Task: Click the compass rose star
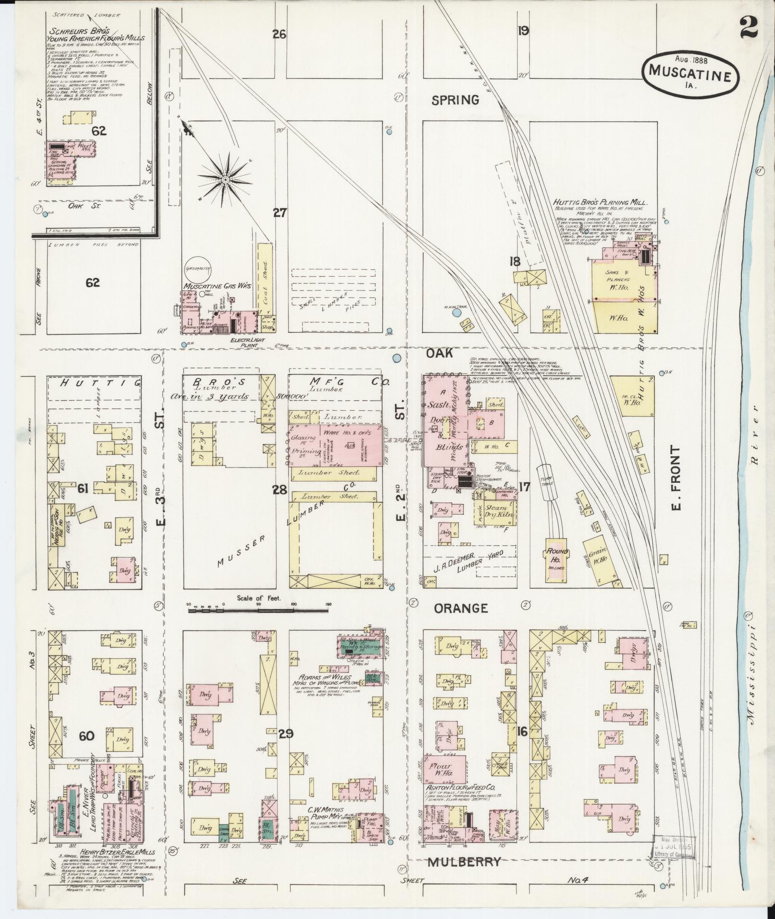pos(224,179)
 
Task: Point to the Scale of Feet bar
pos(258,610)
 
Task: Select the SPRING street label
pos(455,100)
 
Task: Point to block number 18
pos(515,261)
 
